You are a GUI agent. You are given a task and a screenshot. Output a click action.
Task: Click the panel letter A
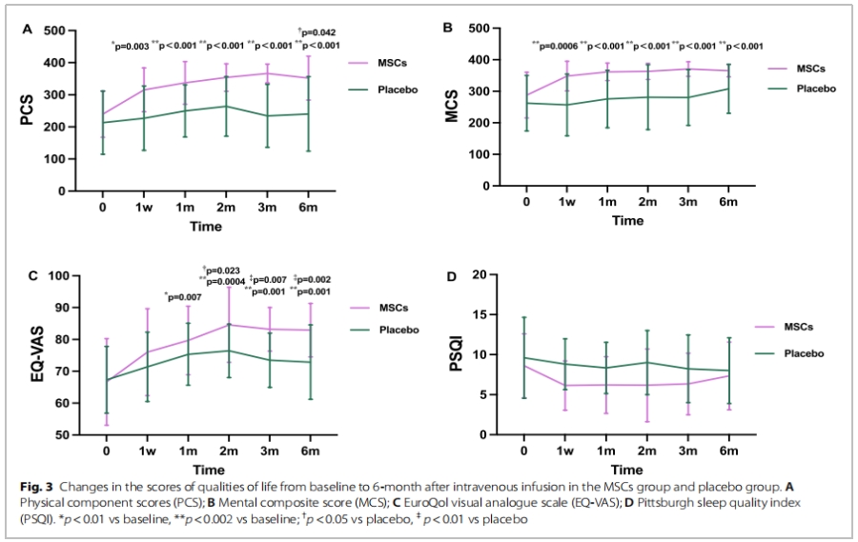[x=28, y=30]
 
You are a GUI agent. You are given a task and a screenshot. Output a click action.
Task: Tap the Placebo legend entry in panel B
[x=815, y=89]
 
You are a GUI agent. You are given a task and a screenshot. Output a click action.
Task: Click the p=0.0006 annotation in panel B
[x=555, y=45]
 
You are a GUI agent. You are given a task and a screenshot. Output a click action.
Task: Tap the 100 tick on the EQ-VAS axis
[x=64, y=276]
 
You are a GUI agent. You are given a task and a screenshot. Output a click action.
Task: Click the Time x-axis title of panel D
[x=627, y=470]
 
